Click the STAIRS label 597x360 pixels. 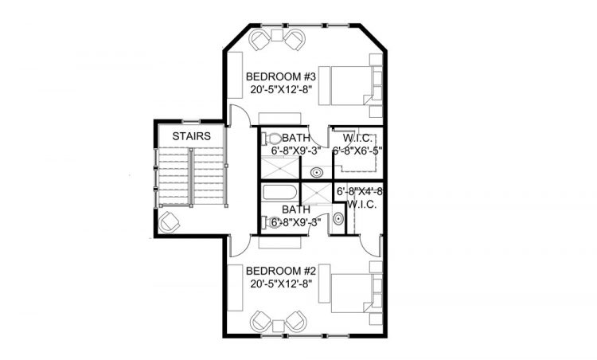[192, 136]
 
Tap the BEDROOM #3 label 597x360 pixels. [281, 76]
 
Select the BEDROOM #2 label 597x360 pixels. [281, 271]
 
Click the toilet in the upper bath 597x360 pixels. [271, 138]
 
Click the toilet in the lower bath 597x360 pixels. [271, 221]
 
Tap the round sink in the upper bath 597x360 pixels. [316, 173]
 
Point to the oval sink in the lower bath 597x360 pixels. [338, 219]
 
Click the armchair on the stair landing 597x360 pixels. [169, 222]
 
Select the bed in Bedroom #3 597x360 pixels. [350, 86]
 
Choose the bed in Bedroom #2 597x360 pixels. [350, 293]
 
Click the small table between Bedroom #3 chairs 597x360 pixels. [278, 35]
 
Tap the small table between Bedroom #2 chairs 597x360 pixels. [279, 327]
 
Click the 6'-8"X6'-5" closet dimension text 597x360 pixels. [357, 151]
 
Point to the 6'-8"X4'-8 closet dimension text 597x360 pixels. [360, 192]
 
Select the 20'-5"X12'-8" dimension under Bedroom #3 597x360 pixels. [281, 89]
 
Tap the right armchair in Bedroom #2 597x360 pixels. [296, 321]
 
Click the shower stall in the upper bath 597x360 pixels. [280, 169]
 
